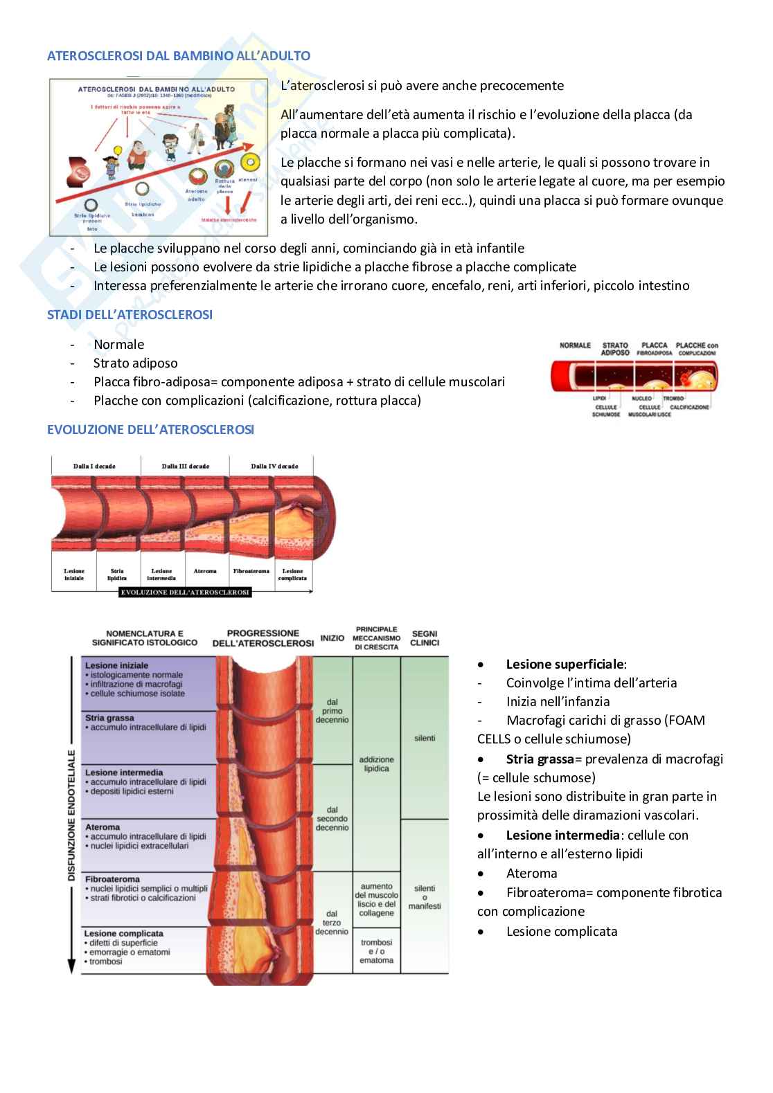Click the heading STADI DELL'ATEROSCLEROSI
coord(130,315)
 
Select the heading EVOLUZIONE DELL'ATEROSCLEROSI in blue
coord(150,430)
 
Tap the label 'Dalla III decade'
coord(185,466)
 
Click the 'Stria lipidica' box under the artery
coord(117,575)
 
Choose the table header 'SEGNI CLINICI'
coord(425,638)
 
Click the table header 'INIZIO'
coord(332,638)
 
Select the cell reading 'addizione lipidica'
coord(376,764)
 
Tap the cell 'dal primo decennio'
coord(332,711)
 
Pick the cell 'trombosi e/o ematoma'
coord(376,951)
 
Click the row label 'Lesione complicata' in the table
coord(124,933)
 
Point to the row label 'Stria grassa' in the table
coord(109,718)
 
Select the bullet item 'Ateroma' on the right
coord(531,874)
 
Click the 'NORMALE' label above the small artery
coord(575,345)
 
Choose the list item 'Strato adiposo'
coord(135,363)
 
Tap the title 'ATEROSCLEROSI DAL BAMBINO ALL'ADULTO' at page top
coord(179,56)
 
